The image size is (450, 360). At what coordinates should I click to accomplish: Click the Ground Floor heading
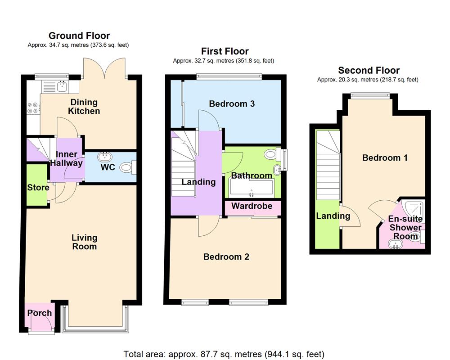click(79, 36)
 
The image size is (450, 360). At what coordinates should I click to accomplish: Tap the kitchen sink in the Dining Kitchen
click(60, 85)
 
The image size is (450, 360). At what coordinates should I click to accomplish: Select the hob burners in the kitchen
click(33, 108)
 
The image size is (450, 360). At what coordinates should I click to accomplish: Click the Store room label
click(38, 187)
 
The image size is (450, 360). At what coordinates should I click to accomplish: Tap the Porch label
click(40, 313)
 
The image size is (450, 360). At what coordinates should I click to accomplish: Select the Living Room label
click(85, 242)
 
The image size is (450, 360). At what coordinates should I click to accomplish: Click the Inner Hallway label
click(67, 159)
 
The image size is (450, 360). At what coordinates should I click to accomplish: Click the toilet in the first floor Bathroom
click(272, 154)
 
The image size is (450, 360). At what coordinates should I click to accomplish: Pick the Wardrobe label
click(252, 206)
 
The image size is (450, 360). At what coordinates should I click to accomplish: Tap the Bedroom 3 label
click(232, 104)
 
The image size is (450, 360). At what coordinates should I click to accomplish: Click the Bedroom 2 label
click(226, 257)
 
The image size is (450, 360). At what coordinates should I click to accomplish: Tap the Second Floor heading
click(369, 70)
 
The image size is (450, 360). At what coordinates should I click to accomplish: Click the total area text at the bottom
click(224, 354)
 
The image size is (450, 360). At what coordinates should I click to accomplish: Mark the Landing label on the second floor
click(333, 216)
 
